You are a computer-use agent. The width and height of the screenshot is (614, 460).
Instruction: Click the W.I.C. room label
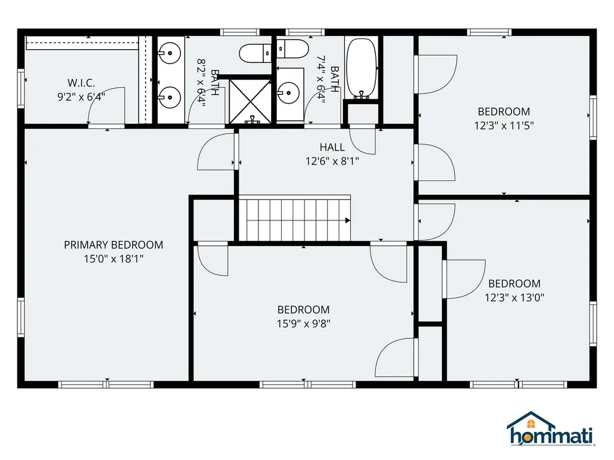click(81, 83)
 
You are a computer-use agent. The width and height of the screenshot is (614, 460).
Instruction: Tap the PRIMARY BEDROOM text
click(113, 244)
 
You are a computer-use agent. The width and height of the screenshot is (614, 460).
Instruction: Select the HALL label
click(332, 147)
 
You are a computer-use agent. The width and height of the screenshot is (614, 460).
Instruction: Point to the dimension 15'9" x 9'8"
click(303, 323)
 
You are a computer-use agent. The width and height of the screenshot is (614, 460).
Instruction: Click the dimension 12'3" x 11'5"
click(504, 125)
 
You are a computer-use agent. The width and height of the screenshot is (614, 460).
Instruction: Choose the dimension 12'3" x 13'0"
click(514, 297)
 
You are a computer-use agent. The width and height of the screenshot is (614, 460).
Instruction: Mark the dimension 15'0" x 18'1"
click(113, 258)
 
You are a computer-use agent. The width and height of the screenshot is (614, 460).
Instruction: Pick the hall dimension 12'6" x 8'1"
click(332, 161)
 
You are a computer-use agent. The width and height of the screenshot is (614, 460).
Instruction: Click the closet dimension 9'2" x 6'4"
click(81, 96)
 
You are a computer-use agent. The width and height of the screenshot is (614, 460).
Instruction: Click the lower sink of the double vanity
click(170, 95)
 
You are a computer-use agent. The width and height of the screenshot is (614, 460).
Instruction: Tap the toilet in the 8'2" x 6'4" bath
click(255, 53)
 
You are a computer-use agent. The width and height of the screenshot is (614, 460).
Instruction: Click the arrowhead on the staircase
click(347, 220)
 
